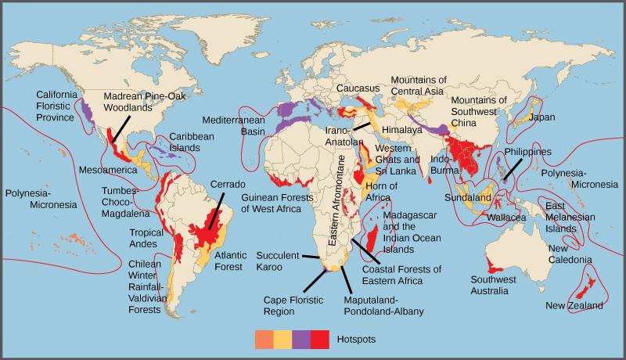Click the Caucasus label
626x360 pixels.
tap(358, 88)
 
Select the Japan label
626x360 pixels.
tap(541, 117)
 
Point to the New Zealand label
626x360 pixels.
tap(574, 305)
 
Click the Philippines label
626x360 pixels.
tap(528, 152)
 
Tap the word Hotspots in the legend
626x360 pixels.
tap(357, 340)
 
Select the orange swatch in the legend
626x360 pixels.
tap(264, 340)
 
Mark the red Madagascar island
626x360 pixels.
tap(374, 236)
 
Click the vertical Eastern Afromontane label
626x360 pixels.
tap(341, 200)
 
